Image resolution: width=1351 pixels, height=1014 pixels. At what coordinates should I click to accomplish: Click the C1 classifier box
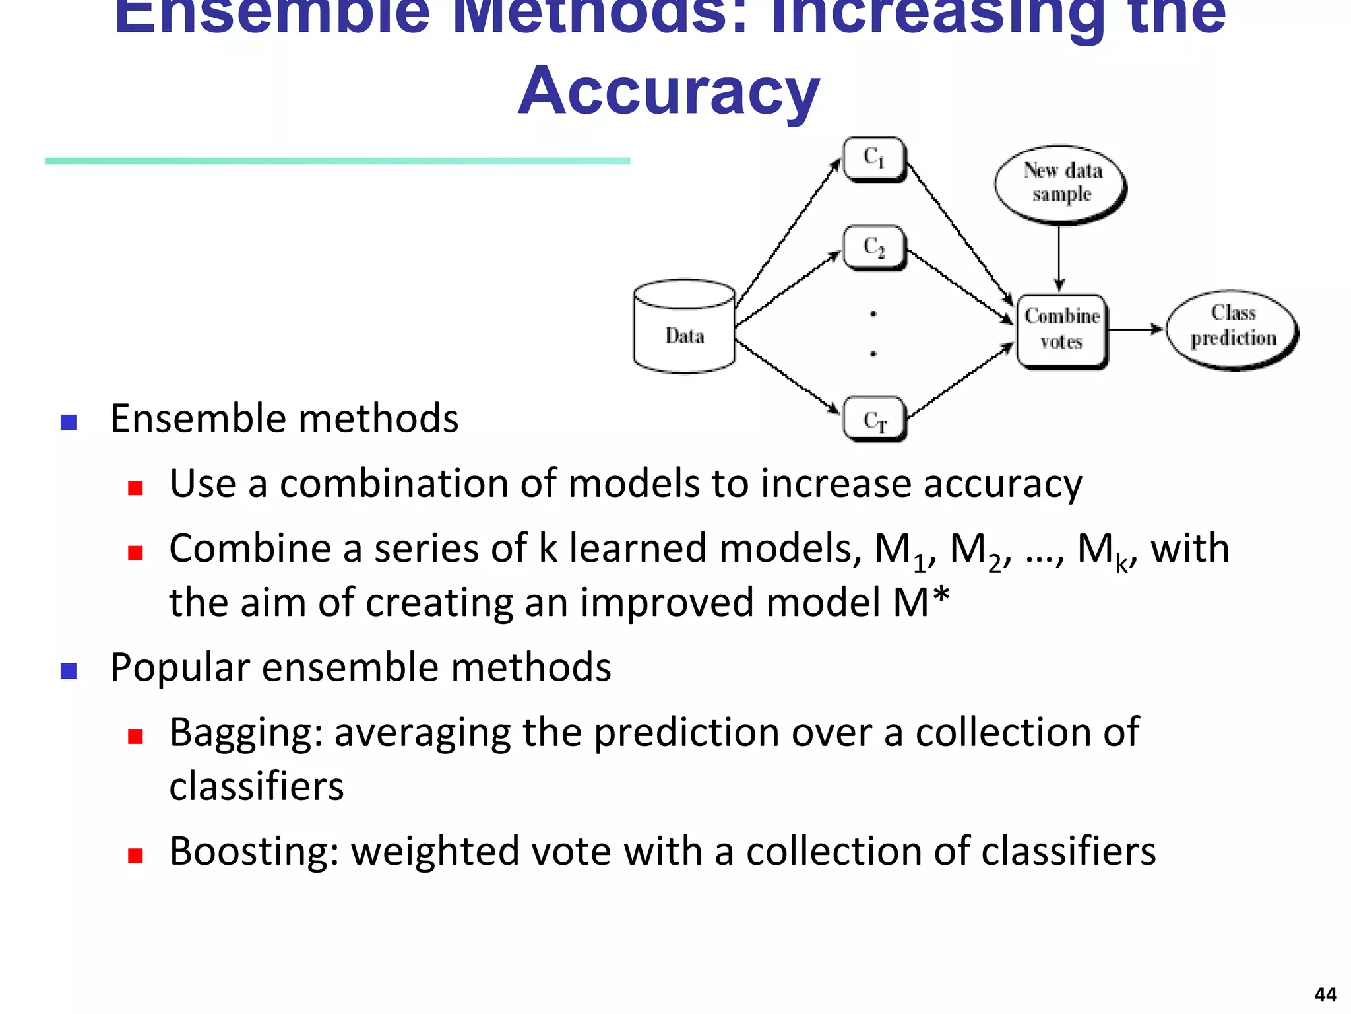coord(875,158)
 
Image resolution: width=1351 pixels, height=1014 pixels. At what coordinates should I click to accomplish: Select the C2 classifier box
coord(875,248)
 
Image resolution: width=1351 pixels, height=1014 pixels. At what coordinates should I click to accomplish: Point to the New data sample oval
coord(1060,183)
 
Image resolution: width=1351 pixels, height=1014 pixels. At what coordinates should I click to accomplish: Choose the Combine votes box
coord(1062,329)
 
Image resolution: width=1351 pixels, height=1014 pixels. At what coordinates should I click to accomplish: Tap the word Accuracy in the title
coord(668,91)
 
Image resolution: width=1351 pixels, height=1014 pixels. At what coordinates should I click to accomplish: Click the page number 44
coord(1325,994)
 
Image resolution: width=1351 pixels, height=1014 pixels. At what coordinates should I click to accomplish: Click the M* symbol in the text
coord(921,602)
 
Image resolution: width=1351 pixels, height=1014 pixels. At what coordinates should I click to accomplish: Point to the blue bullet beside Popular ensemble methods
coord(69,671)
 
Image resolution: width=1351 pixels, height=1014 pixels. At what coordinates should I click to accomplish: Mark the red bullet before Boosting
coord(136,856)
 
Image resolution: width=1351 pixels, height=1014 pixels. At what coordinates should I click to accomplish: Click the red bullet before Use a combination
coord(136,488)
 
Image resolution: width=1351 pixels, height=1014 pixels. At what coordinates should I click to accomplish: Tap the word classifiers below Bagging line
coord(257,787)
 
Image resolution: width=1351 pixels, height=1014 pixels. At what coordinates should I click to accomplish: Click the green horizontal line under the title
coord(337,161)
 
